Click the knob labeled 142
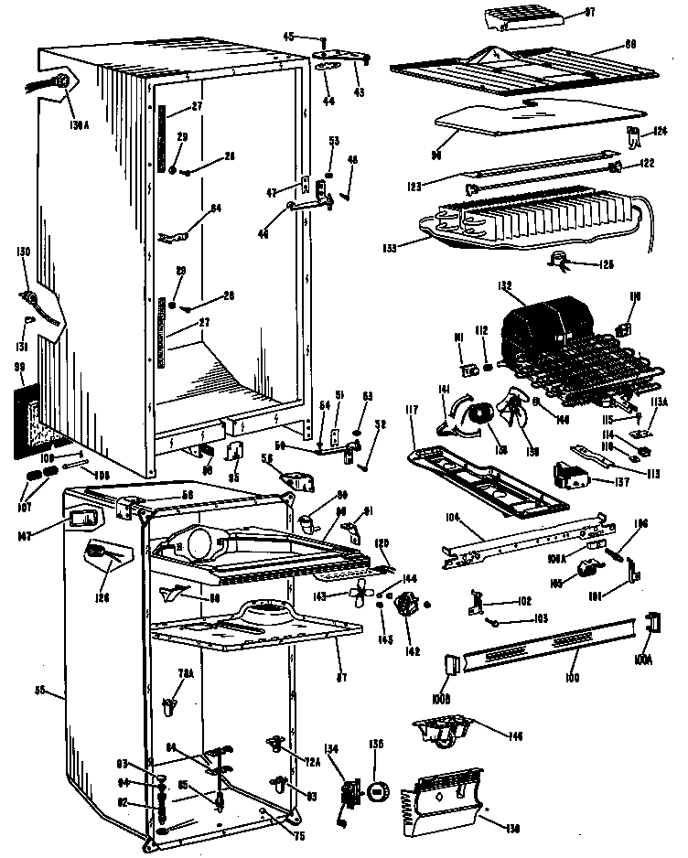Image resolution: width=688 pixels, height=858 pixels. (404, 605)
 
